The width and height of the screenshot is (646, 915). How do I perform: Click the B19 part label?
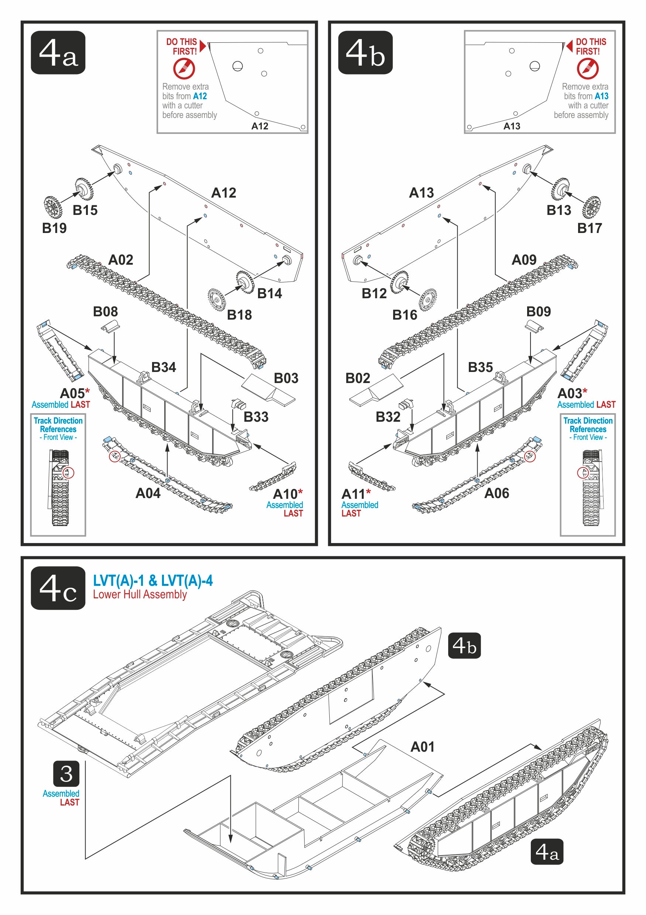(x=54, y=228)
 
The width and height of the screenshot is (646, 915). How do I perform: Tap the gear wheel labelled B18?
(x=217, y=299)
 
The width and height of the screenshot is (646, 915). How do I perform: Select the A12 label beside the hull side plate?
(x=223, y=193)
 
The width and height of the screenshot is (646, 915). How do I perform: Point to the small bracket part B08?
(x=110, y=328)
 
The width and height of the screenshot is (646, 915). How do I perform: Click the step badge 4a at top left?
(x=58, y=53)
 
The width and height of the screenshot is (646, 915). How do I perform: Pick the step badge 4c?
(x=58, y=588)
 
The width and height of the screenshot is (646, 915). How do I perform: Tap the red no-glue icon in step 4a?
(x=184, y=69)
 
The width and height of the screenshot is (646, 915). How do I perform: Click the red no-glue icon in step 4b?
(x=587, y=69)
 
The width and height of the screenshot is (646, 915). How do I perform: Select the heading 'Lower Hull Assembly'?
(x=140, y=595)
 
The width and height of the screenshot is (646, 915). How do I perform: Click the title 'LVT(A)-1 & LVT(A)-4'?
(x=153, y=581)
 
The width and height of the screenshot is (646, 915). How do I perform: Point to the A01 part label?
(x=423, y=747)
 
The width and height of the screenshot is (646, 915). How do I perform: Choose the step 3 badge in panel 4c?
(x=66, y=774)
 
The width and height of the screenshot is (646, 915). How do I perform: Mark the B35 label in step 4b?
(x=480, y=368)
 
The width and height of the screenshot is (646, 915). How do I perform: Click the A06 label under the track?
(x=496, y=493)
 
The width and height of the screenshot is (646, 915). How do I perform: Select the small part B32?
(x=406, y=404)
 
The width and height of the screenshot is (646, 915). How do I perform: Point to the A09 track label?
(x=524, y=260)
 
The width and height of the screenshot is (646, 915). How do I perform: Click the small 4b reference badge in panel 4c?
(x=464, y=646)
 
